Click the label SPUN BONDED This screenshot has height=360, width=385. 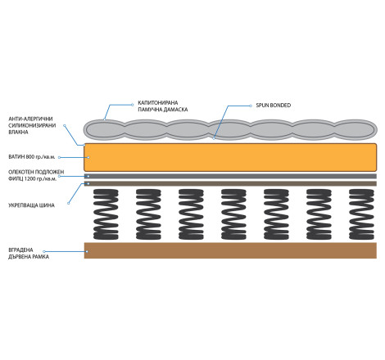pos(274,106)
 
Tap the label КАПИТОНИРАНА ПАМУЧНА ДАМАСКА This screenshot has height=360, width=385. pos(163,106)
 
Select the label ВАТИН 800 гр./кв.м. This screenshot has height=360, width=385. pos(32,157)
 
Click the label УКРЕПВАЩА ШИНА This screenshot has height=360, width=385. pos(31,205)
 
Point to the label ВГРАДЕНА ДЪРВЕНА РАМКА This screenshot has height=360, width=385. pos(29,254)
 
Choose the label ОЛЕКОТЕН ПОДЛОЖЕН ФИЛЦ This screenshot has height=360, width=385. pos(36,175)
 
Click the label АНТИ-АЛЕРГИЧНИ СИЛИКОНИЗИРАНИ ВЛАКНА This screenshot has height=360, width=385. pos(32,125)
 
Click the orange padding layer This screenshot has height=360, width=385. pos(230,157)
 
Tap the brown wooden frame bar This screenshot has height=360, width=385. pos(230,250)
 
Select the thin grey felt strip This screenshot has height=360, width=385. pos(230,176)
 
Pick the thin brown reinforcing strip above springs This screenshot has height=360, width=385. pos(230,183)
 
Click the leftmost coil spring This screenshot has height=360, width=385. pos(106,214)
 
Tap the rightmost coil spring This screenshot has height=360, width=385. pos(361,214)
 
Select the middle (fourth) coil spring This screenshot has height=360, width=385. pos(233,214)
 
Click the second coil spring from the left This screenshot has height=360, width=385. pos(148,214)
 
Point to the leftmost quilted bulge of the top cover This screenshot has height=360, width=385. pos(105,129)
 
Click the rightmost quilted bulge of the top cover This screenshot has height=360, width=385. pos(356,129)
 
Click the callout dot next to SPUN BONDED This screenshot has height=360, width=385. pos(251,106)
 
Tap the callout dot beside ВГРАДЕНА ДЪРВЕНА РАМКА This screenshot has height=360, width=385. pos(44,251)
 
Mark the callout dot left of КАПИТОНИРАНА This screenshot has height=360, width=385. pos(133,105)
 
